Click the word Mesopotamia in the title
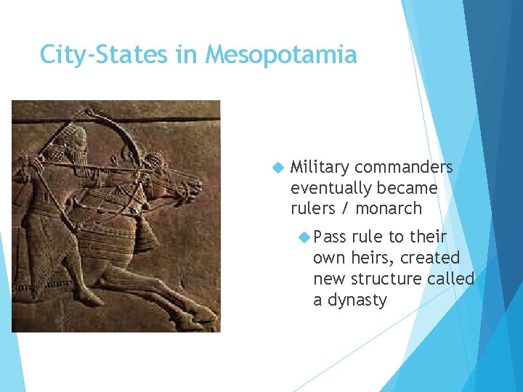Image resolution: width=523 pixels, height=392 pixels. (x=281, y=54)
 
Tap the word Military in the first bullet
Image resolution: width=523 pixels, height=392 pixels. (x=320, y=168)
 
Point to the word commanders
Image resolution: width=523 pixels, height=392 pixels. (x=404, y=168)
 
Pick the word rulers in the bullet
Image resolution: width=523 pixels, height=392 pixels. (x=313, y=208)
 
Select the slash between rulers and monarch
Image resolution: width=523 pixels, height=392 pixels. (x=345, y=208)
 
